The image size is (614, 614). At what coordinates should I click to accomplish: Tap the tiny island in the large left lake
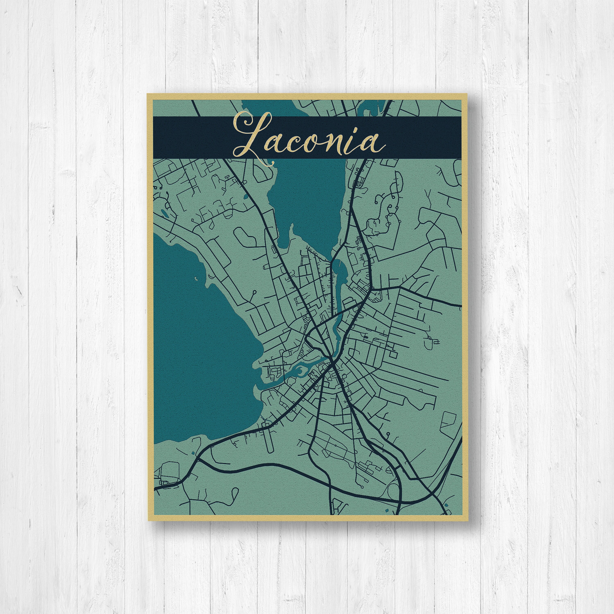pos(196,279)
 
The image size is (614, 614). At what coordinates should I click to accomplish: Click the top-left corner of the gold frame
pos(147,94)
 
